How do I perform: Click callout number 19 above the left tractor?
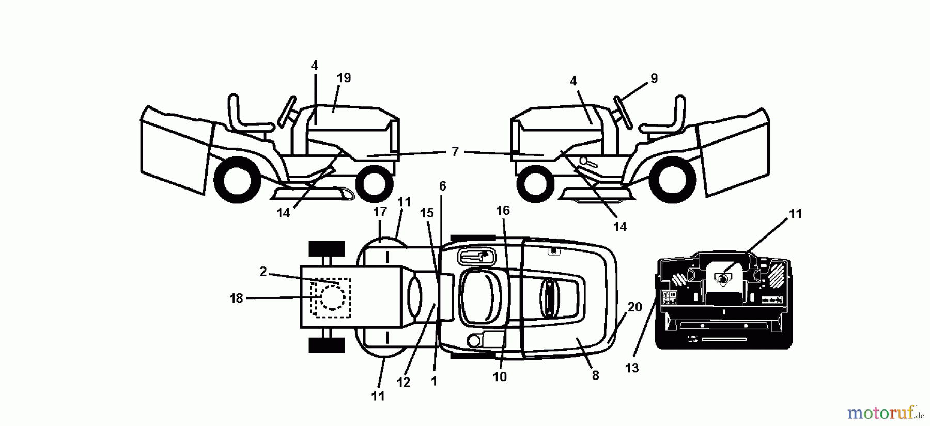pyautogui.click(x=344, y=78)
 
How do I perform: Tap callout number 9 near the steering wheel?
pyautogui.click(x=654, y=78)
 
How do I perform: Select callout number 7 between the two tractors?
pyautogui.click(x=455, y=152)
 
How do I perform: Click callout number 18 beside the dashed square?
pyautogui.click(x=236, y=298)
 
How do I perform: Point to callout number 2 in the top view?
pyautogui.click(x=263, y=271)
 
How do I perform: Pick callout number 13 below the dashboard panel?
pyautogui.click(x=631, y=368)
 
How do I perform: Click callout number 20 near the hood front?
pyautogui.click(x=634, y=307)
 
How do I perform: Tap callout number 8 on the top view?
pyautogui.click(x=595, y=375)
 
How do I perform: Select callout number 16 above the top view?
pyautogui.click(x=503, y=210)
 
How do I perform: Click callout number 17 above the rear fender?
pyautogui.click(x=380, y=212)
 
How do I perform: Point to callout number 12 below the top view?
pyautogui.click(x=403, y=382)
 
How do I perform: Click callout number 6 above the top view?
pyautogui.click(x=442, y=186)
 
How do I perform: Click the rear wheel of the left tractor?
pyautogui.click(x=237, y=180)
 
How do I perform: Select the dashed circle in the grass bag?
pyautogui.click(x=332, y=297)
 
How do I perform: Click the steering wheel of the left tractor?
pyautogui.click(x=287, y=111)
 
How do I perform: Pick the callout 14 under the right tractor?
pyautogui.click(x=619, y=226)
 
